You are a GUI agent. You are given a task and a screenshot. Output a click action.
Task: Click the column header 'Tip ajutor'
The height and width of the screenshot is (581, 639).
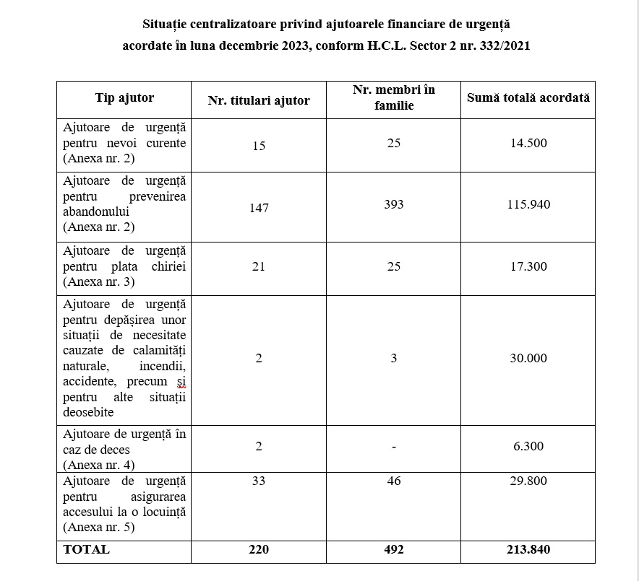tap(124, 98)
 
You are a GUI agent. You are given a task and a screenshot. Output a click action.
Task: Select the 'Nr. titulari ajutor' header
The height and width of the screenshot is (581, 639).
tap(259, 100)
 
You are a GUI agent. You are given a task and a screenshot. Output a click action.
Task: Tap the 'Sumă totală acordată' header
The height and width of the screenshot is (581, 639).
tap(528, 97)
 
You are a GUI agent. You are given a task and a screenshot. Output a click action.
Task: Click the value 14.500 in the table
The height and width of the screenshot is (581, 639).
tap(528, 143)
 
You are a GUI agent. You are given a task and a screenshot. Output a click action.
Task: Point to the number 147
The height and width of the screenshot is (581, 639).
tap(259, 208)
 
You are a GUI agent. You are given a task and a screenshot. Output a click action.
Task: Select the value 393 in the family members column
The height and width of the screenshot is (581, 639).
tap(394, 204)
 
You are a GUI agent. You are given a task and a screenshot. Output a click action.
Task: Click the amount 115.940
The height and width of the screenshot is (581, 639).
tap(528, 204)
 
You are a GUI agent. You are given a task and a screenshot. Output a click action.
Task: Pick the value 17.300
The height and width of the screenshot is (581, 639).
tap(528, 266)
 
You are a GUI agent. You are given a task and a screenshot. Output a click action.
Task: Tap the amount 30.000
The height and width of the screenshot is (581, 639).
tap(528, 358)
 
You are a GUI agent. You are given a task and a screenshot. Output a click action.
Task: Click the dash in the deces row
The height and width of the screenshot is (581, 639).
tap(394, 447)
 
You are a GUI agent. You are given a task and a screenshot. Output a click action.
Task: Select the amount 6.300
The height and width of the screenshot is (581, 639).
tap(528, 446)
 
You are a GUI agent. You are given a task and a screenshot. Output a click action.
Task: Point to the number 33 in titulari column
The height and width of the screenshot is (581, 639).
tap(259, 481)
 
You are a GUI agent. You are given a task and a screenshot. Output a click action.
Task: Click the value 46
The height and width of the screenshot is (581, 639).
tap(394, 481)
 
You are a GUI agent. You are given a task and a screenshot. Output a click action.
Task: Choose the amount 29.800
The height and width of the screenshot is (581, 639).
tap(528, 481)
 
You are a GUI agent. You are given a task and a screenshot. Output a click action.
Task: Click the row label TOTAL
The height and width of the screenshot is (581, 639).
tap(87, 549)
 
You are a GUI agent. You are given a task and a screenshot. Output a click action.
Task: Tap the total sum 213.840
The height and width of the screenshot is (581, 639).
tap(528, 549)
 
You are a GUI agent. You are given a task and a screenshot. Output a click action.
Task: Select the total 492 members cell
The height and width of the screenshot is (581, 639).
tap(394, 549)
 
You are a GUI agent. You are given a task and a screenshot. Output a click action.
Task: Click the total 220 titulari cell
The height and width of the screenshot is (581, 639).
tap(259, 549)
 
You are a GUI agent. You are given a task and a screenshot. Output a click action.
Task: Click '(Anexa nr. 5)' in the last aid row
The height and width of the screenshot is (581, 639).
tap(99, 527)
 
